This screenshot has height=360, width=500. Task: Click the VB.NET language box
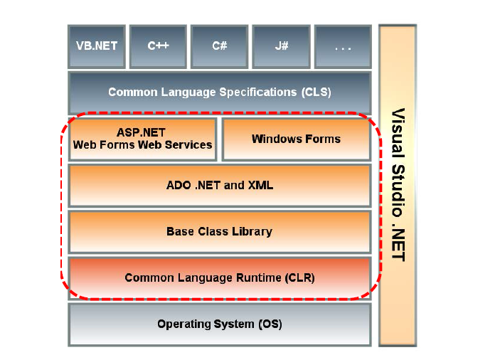tap(97, 46)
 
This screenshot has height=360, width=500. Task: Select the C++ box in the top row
tap(158, 46)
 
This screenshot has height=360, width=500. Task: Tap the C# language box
tap(219, 46)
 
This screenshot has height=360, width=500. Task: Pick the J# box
tap(280, 46)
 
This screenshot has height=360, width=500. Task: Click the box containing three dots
tap(343, 46)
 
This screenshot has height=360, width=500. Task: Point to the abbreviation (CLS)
tap(315, 92)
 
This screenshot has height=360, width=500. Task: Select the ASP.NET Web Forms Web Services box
tap(142, 139)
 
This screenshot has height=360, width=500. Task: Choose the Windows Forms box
tap(296, 139)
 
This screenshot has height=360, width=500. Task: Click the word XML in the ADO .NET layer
tap(259, 186)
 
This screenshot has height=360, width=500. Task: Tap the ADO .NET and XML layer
tap(219, 186)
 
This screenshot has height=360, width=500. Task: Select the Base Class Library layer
tap(219, 232)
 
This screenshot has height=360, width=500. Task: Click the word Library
tap(252, 232)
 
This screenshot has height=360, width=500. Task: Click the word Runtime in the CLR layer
tap(253, 278)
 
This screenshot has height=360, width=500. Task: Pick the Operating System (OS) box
tap(219, 324)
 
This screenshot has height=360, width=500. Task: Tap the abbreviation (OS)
tap(270, 324)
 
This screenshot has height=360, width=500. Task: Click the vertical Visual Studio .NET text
tap(398, 185)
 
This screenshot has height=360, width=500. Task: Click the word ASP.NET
tap(142, 132)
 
